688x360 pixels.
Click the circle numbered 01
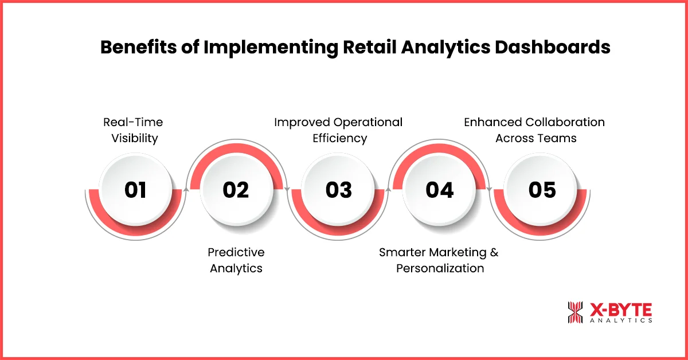pyautogui.click(x=135, y=190)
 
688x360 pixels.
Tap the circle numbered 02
pyautogui.click(x=236, y=190)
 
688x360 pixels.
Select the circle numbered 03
pyautogui.click(x=338, y=190)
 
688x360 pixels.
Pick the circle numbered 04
pyautogui.click(x=439, y=190)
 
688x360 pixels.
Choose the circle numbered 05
pyautogui.click(x=541, y=190)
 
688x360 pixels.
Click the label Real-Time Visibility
pyautogui.click(x=133, y=130)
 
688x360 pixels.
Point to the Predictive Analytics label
pyautogui.click(x=236, y=260)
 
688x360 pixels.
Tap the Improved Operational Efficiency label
pyautogui.click(x=338, y=130)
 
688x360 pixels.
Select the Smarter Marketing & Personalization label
pyautogui.click(x=440, y=260)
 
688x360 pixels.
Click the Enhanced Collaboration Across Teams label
pyautogui.click(x=534, y=130)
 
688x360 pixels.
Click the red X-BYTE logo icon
pyautogui.click(x=574, y=312)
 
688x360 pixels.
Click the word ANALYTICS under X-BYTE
pyautogui.click(x=621, y=321)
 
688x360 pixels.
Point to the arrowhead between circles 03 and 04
pyautogui.click(x=389, y=187)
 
